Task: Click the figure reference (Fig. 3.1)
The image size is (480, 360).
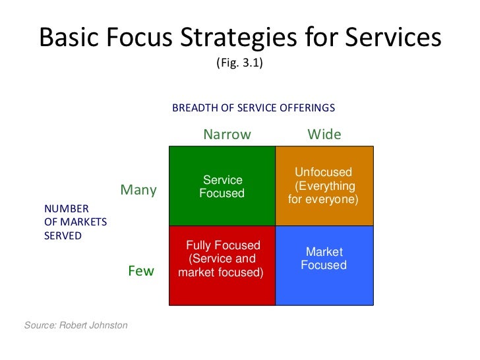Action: pos(239,64)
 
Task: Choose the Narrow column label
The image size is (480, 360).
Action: pos(227,135)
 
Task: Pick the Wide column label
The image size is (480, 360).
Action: pos(324,135)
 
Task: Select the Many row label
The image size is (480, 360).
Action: pos(138,191)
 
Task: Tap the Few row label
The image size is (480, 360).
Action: pos(141,271)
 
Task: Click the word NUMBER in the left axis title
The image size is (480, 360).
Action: pos(62,210)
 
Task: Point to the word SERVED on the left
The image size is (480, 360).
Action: pos(63,236)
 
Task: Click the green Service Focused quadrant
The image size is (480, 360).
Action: pos(222,186)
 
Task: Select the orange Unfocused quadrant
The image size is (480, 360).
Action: pos(324,186)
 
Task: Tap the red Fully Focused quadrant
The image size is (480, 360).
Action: pos(222,265)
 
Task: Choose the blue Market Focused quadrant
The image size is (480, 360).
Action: pos(324,265)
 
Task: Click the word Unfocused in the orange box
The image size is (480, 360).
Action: pos(323,173)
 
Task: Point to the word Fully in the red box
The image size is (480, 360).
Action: pos(200,246)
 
